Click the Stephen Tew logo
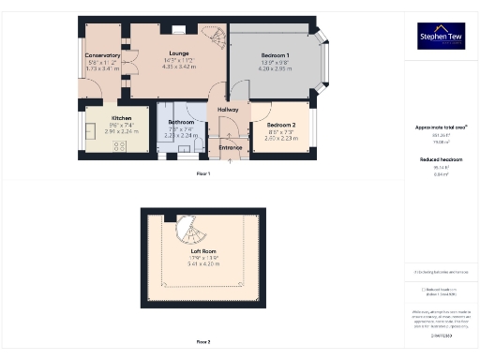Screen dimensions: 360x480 pos(441,36)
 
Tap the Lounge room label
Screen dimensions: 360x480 pos(178,53)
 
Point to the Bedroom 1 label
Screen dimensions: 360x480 pos(275,55)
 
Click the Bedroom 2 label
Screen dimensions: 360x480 pos(281,125)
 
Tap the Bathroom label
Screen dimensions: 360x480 pos(181,123)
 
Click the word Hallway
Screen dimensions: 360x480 pos(229,110)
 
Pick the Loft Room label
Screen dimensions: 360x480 pos(203,251)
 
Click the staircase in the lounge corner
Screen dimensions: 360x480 pos(213,38)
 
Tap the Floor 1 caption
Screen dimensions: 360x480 pos(203,174)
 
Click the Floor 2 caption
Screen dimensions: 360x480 pos(203,342)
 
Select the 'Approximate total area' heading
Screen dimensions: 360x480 pos(442,127)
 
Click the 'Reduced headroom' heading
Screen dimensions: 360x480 pos(442,159)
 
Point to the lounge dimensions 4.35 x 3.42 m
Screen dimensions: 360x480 pos(178,67)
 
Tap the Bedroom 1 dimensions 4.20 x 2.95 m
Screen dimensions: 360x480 pos(275,68)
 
